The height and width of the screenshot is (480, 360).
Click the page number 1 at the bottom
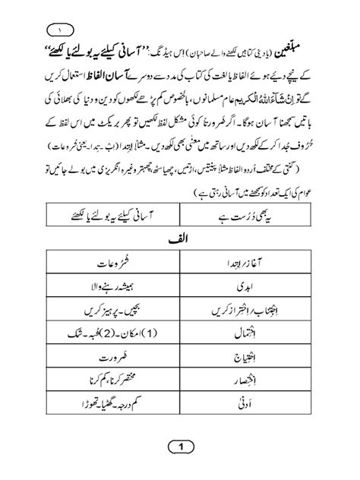pos(182,447)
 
